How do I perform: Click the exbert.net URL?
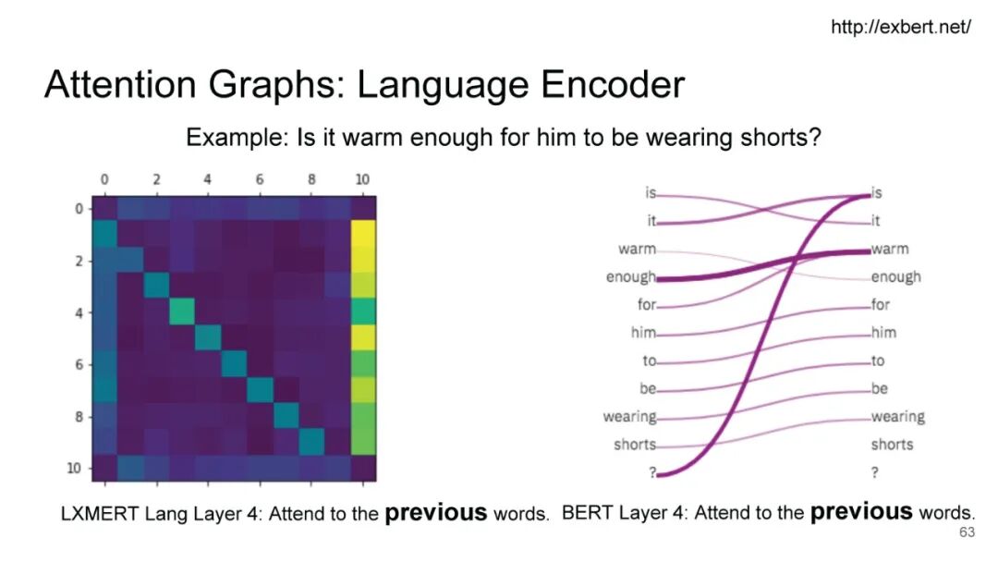(x=901, y=27)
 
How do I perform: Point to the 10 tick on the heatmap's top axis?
(x=362, y=179)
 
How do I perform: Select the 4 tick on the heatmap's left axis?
(x=79, y=312)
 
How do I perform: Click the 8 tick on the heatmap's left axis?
(x=79, y=417)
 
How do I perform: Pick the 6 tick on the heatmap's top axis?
(x=259, y=179)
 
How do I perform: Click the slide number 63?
(x=967, y=532)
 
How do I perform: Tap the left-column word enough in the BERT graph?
(x=630, y=277)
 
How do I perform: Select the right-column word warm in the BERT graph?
(x=890, y=249)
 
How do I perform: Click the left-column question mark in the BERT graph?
(x=651, y=472)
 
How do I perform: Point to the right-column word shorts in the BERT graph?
(x=892, y=445)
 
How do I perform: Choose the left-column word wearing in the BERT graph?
(x=629, y=417)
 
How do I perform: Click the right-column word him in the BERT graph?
(x=883, y=332)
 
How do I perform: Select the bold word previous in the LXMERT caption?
(x=436, y=512)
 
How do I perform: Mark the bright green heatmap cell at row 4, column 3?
(x=182, y=312)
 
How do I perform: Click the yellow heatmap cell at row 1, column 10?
(x=363, y=234)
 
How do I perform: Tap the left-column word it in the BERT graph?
(x=651, y=221)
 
